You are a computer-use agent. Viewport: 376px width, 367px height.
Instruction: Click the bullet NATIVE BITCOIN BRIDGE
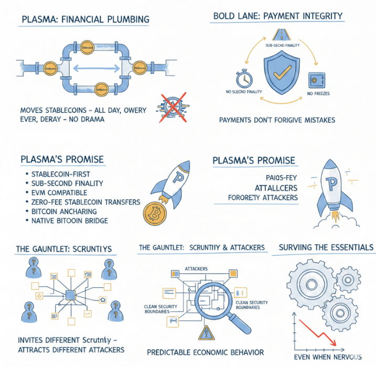[x=70, y=221]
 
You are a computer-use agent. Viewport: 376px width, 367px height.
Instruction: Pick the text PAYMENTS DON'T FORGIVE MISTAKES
[x=276, y=120]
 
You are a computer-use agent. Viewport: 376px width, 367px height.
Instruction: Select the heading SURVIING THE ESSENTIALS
[x=326, y=247]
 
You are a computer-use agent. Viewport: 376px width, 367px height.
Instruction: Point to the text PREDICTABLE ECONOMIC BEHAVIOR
[x=205, y=352]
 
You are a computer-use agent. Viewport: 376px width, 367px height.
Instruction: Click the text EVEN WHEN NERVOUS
[x=327, y=357]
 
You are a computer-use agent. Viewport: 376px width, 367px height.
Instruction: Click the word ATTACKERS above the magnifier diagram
[x=196, y=269]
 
